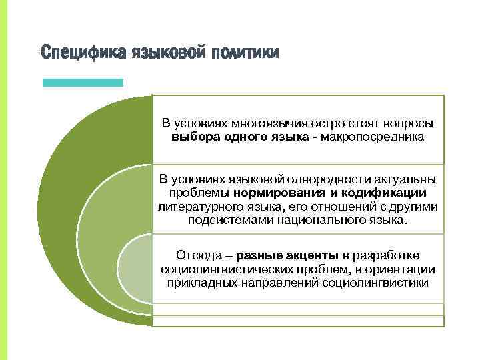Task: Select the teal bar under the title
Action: tap(83, 83)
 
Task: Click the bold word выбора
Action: tap(191, 137)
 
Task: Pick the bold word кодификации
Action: tap(386, 193)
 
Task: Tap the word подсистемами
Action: tap(223, 220)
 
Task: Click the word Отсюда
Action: tap(196, 255)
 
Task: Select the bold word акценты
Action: tap(313, 255)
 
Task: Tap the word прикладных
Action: tap(199, 282)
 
